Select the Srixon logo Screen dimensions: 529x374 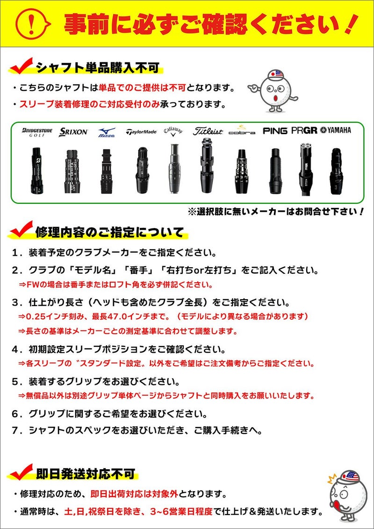coord(73,132)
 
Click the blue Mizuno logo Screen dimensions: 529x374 coord(106,132)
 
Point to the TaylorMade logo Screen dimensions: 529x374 coord(141,132)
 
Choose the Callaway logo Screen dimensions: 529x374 coord(173,132)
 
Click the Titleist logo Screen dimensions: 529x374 coord(208,132)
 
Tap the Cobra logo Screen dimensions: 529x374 coord(242,131)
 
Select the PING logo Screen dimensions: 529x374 coord(275,131)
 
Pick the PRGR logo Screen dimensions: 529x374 coord(304,131)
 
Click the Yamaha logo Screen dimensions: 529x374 coord(336,130)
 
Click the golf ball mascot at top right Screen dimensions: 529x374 coord(274,91)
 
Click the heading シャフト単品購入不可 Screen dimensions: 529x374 coord(97,68)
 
